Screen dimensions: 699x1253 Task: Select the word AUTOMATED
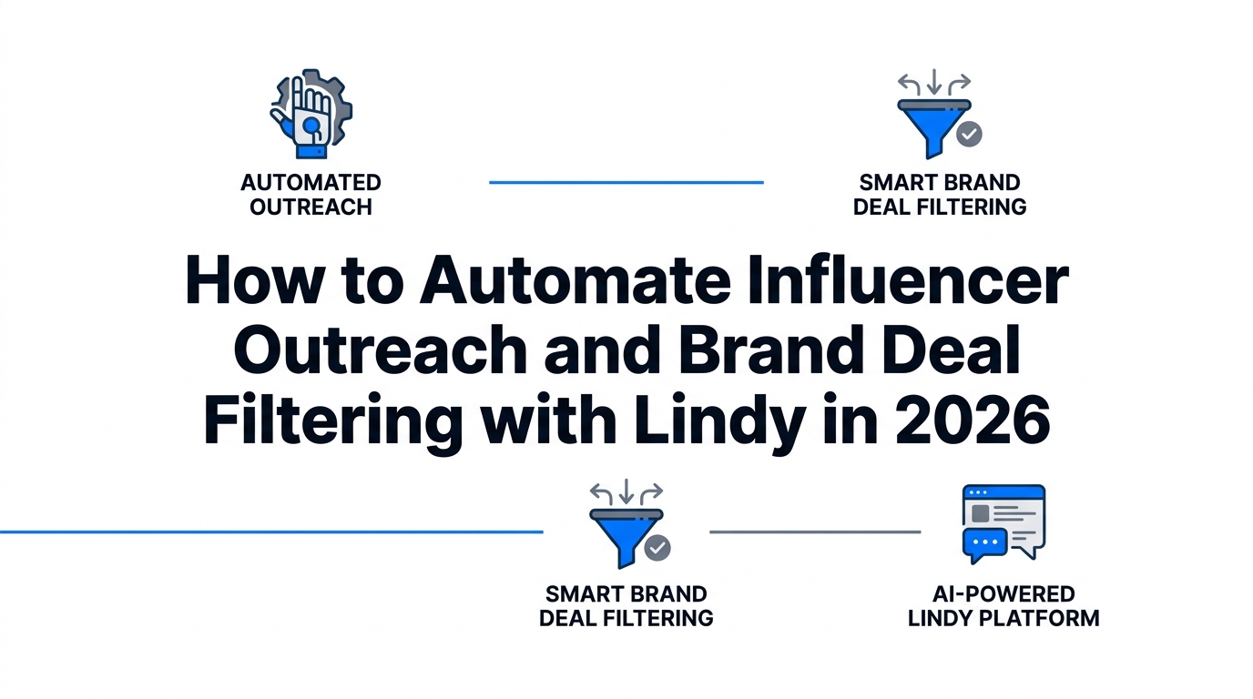coord(311,183)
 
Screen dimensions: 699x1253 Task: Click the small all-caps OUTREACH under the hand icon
coord(311,207)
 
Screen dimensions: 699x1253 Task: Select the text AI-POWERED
coord(1003,594)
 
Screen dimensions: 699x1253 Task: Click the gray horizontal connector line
coord(815,532)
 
